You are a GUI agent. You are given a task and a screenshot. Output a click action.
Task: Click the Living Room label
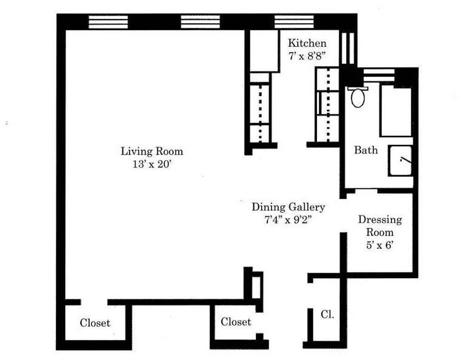click(152, 151)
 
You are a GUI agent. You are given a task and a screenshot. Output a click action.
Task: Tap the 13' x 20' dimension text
click(152, 165)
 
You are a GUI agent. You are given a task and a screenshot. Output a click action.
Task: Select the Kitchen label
click(307, 43)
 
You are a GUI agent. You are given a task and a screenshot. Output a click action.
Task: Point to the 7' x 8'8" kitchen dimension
click(307, 56)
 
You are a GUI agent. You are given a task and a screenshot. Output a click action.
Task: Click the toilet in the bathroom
click(358, 97)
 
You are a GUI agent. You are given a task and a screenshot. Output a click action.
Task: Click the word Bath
click(366, 150)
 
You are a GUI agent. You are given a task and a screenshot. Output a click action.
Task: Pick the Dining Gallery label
click(288, 207)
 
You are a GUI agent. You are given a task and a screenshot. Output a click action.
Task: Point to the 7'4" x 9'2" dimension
click(288, 221)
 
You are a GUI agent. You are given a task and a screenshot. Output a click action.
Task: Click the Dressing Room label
click(380, 226)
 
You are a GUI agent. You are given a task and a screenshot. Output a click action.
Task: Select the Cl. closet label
click(327, 314)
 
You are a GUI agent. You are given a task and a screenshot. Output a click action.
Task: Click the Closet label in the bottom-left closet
click(95, 323)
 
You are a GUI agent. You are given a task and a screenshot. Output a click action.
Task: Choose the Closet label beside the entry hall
click(236, 322)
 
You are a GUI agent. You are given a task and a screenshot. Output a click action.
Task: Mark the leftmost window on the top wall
click(108, 22)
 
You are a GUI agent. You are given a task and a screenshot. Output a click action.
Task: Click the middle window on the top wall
click(200, 22)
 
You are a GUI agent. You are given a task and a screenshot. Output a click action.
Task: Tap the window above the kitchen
click(294, 22)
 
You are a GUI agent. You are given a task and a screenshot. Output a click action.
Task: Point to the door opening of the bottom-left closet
click(94, 302)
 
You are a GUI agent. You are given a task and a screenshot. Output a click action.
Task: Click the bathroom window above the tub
click(379, 75)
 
